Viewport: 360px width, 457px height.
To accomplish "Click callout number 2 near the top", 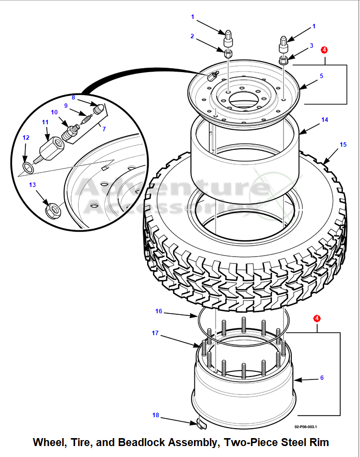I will click(192, 36).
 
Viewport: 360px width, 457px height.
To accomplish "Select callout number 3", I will click(311, 46).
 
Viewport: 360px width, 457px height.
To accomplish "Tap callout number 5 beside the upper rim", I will click(321, 76).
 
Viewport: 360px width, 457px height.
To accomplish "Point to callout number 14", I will click(325, 120).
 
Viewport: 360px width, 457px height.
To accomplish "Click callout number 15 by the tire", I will click(343, 145).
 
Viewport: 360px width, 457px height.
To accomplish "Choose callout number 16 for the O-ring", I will click(159, 311).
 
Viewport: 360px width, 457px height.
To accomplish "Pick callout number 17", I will click(155, 333).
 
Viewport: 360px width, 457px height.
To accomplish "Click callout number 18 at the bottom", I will click(156, 415).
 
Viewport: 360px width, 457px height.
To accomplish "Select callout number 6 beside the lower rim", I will click(322, 378).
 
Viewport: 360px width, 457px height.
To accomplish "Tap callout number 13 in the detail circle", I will click(32, 185).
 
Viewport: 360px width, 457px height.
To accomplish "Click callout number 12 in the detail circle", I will click(26, 138).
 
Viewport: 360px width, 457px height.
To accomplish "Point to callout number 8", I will click(73, 97).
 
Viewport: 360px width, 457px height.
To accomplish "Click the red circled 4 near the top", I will click(324, 50).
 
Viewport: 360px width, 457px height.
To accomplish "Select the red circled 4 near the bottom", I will click(317, 318).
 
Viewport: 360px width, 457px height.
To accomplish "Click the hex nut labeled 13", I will click(51, 209).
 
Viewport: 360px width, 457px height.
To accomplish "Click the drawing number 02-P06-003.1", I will click(305, 427).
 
